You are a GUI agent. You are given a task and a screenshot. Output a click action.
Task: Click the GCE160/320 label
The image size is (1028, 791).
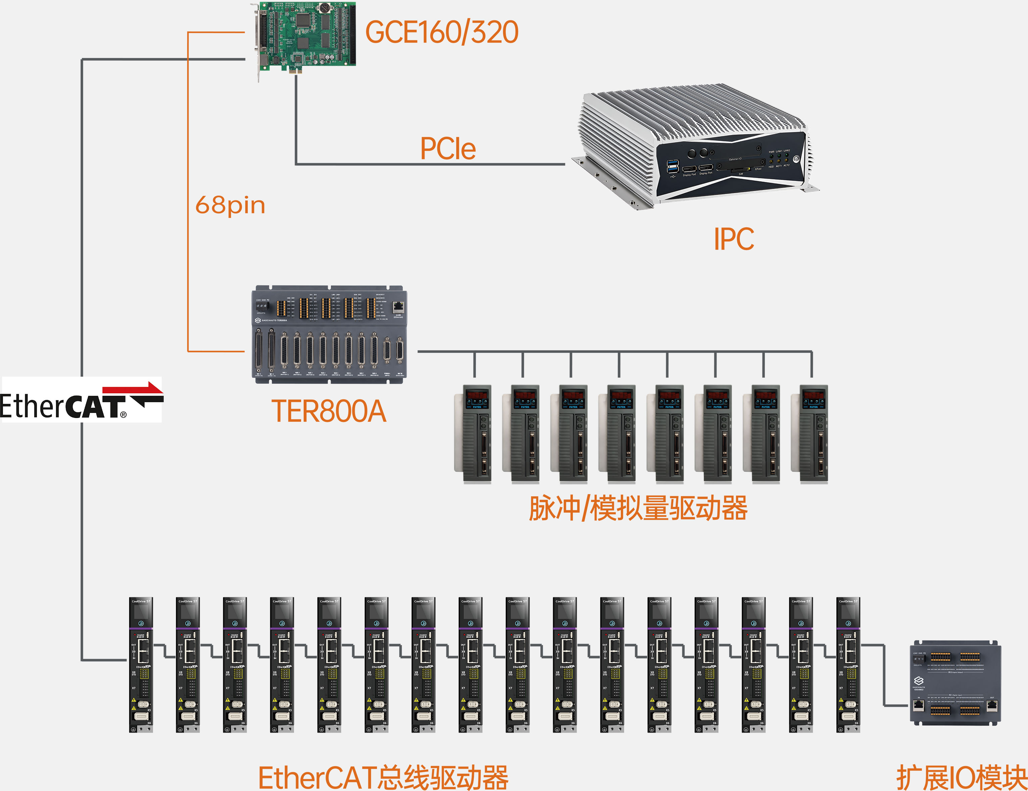pos(442,32)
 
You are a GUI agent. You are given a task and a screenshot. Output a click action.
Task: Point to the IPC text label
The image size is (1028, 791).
pos(733,239)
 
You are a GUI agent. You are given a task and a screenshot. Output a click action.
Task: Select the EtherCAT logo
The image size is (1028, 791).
pos(82,400)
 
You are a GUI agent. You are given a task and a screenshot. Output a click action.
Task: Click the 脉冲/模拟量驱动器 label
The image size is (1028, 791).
pos(638,509)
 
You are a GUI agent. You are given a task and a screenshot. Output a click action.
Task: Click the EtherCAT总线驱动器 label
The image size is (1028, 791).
pos(383,777)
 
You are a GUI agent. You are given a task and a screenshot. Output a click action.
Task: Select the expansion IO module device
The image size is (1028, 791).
pos(954,683)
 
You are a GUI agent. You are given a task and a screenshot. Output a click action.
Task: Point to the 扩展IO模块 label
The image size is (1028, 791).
pos(960,777)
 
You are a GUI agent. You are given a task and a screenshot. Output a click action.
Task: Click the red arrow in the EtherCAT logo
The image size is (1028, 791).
pos(134,389)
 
